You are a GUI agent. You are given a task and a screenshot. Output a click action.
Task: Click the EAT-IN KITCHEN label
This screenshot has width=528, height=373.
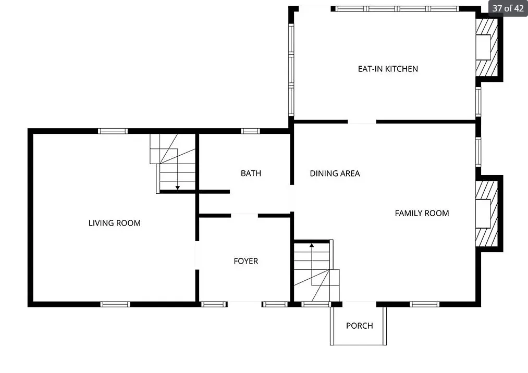pos(388,69)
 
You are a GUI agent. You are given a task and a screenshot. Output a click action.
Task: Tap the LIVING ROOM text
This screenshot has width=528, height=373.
pos(115,223)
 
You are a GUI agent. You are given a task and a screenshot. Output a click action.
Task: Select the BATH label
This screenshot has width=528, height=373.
pos(251,173)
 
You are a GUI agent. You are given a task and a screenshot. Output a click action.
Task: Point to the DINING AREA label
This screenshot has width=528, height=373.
pos(335,173)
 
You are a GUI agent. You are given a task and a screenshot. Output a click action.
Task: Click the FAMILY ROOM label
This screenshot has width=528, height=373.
pos(422,213)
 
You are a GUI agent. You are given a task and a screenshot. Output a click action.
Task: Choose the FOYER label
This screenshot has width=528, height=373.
pos(246,261)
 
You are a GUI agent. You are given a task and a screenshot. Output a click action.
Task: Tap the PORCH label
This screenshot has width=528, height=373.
pos(359,326)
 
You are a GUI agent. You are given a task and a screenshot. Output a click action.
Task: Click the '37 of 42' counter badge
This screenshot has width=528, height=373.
pos(508,8)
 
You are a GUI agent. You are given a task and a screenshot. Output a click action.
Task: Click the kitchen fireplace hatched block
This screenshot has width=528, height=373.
pos(487,47)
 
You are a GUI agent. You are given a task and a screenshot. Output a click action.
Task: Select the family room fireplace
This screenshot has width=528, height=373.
pos(487,214)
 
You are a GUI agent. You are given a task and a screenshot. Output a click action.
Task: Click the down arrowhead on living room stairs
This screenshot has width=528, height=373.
pos(177,188)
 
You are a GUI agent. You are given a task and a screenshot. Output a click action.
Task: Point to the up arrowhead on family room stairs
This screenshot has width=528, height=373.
pos(312,245)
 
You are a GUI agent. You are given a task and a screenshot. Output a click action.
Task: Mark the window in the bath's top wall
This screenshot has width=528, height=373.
pos(250,131)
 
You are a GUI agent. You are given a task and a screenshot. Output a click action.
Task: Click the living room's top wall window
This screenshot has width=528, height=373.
pos(113,131)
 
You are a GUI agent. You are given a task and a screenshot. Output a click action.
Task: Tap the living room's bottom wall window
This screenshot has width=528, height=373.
pos(115,304)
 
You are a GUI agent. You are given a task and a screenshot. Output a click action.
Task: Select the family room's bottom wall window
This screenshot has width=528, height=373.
pos(425,304)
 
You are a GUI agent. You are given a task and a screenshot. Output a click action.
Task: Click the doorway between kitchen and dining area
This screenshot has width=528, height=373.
pos(362,121)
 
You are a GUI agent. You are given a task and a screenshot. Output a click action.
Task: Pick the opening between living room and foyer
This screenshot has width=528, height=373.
pos(198,255)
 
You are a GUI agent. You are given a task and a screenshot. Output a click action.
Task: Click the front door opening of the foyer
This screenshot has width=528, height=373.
pos(245,304)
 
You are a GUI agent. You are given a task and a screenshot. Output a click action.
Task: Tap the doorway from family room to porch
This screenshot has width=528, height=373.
pos(359,304)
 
